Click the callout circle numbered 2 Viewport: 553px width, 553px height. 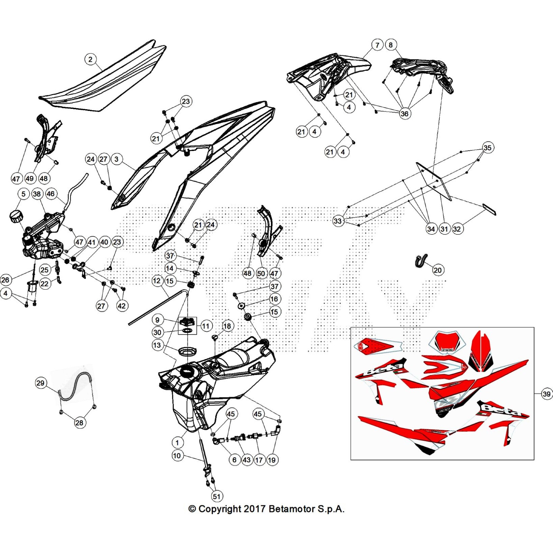[x=91, y=59]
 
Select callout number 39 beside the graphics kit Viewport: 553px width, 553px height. [x=546, y=394]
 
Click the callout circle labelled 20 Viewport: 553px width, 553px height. [x=438, y=270]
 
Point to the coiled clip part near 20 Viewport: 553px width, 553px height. [x=421, y=260]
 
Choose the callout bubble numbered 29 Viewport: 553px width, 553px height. [x=40, y=383]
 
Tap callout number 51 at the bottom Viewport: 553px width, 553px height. [x=217, y=497]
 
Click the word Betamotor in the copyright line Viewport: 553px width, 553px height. [x=291, y=509]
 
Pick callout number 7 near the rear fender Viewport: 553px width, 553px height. [x=377, y=45]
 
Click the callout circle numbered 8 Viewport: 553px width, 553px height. [x=391, y=45]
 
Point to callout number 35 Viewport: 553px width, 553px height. [x=487, y=148]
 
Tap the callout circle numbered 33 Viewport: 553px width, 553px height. [x=338, y=221]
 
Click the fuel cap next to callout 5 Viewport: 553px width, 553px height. [x=16, y=216]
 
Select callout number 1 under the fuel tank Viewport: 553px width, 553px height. [x=177, y=443]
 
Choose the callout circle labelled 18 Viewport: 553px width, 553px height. [x=227, y=326]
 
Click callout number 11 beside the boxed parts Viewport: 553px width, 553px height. [x=206, y=326]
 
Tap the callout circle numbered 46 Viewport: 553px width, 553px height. [x=51, y=194]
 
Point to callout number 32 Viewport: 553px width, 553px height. [x=457, y=229]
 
